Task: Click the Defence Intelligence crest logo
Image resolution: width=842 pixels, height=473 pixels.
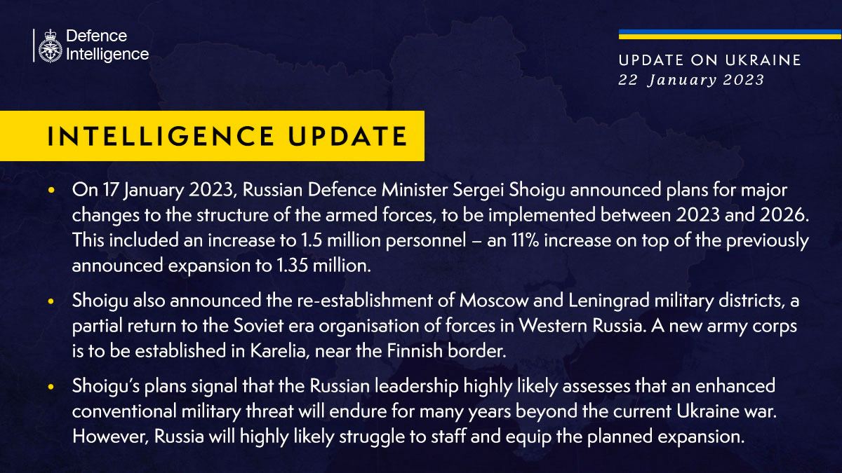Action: (50, 46)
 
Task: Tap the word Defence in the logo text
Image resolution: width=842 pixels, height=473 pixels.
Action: (97, 36)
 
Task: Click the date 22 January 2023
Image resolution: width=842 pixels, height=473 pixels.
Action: (691, 80)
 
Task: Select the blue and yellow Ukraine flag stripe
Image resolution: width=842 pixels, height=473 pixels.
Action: (730, 34)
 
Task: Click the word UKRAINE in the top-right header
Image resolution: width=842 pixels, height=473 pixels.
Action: (763, 60)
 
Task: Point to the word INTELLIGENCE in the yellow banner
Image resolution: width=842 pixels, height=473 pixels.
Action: (161, 136)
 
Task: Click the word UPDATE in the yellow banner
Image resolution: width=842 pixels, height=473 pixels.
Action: (348, 136)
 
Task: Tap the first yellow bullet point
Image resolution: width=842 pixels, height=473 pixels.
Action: (51, 190)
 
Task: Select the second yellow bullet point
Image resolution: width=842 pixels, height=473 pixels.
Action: (51, 301)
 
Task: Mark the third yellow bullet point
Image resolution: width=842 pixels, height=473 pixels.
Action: (51, 386)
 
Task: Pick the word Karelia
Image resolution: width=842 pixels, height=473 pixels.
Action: (280, 351)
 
